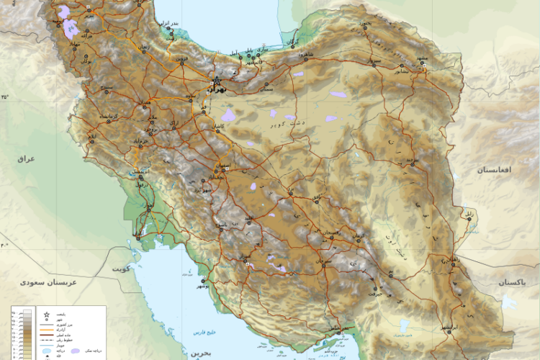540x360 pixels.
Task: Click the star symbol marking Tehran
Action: tap(215, 82)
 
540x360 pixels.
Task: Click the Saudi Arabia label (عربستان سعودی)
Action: tap(49, 284)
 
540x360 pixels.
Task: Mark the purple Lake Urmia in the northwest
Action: tap(71, 29)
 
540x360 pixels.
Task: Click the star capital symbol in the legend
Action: tap(47, 315)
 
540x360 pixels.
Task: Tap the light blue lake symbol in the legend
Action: tap(47, 351)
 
